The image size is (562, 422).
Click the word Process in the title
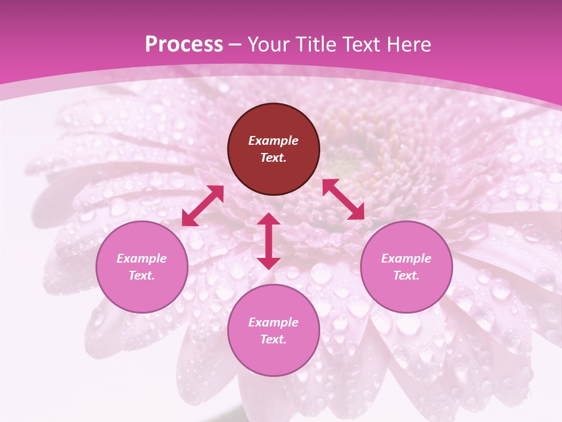coord(184,45)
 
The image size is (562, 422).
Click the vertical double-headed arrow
coord(269,241)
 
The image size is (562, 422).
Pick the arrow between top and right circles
coord(343,199)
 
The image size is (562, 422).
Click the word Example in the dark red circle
coord(273,141)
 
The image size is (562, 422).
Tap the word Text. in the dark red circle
coord(273,158)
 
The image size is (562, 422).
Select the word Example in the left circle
coord(142,258)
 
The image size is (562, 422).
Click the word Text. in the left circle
coord(142,275)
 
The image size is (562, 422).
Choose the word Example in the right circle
coord(406,258)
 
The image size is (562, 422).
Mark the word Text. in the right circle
coord(406,275)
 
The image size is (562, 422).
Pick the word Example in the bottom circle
coord(273,322)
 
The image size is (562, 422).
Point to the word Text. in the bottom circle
coord(273,339)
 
